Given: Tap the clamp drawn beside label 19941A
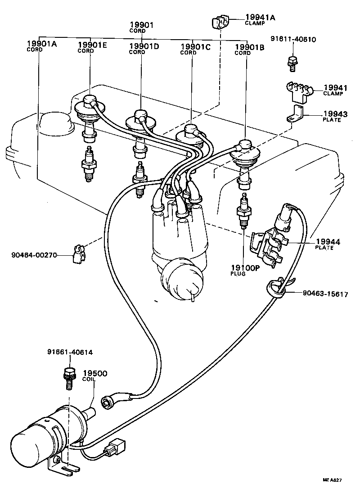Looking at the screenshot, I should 221,23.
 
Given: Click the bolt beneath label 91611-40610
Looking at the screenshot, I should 292,63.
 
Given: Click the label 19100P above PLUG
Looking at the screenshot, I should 245,267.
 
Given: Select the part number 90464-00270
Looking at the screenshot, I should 34,254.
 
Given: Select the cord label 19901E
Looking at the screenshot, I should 92,45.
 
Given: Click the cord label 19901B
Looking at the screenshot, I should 249,47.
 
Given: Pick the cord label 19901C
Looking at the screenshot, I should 195,46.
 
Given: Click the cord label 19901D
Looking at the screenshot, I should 144,46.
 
